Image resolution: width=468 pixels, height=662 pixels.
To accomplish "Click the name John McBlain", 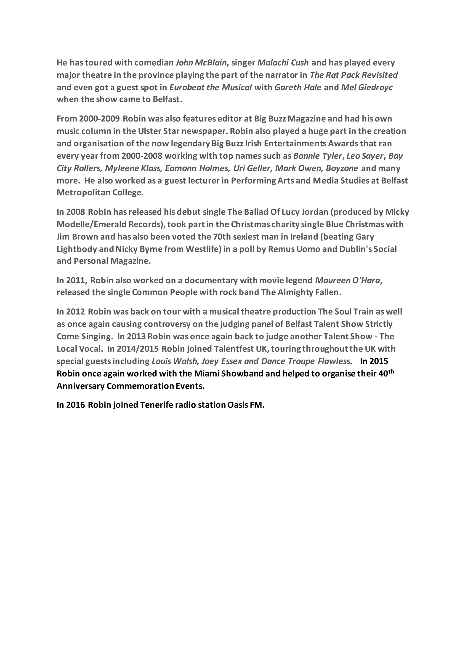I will click(201, 63).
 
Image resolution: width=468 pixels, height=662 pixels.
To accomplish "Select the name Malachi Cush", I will click(283, 63).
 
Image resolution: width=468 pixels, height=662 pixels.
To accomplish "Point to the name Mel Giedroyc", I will click(367, 87).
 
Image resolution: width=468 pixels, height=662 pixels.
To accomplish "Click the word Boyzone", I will click(342, 168).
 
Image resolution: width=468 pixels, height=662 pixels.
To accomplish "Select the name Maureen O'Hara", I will click(348, 280).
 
